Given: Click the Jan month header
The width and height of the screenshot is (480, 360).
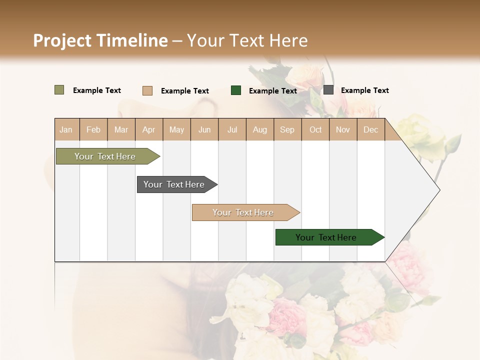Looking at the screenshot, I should tap(66, 130).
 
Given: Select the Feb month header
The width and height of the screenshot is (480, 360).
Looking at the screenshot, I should tap(93, 130).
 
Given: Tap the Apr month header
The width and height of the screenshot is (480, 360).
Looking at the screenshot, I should tap(149, 130).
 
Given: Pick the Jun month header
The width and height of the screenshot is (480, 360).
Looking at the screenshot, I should tap(204, 130).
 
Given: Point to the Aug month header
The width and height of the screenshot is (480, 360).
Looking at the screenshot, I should tap(260, 130).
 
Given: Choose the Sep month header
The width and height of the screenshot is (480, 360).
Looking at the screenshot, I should tap(287, 130).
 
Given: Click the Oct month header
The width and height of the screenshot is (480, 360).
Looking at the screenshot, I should tap(315, 130).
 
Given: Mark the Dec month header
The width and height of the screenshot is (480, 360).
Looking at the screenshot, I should tap(371, 130).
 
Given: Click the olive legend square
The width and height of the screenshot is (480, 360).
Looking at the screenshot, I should tap(59, 90).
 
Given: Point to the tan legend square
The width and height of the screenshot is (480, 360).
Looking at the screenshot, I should tap(147, 90).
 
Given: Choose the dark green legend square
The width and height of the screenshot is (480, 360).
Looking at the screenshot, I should tap(236, 90).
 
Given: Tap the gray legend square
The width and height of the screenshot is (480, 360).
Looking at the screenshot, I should tap(328, 90).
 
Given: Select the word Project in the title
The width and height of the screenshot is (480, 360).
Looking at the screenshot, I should tap(62, 40).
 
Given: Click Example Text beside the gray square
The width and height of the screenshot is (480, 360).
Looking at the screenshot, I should tap(364, 90).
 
